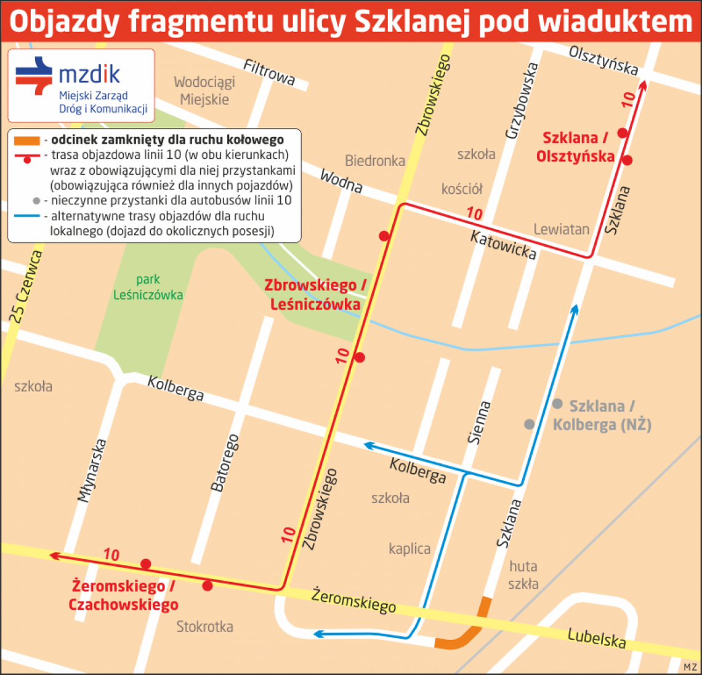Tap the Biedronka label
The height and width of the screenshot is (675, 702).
tap(375, 161)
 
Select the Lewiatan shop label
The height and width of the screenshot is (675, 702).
tap(561, 230)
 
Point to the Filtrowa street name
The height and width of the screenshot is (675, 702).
tap(270, 73)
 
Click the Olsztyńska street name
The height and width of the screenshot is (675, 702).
tap(603, 60)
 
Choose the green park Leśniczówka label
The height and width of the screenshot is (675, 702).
tap(148, 287)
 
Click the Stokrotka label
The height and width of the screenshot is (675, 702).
tap(204, 627)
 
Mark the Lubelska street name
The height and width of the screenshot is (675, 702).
tap(596, 638)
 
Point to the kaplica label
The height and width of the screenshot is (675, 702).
tap(409, 548)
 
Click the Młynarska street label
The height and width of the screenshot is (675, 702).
tap(93, 470)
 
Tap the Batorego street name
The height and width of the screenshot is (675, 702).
tap(225, 463)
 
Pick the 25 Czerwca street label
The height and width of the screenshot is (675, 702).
tap(26, 287)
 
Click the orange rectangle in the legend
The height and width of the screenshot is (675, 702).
tap(27, 140)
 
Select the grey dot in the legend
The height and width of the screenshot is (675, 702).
tap(37, 201)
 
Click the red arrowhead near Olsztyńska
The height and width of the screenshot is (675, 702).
tap(643, 86)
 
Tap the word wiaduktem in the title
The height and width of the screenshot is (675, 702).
tap(615, 22)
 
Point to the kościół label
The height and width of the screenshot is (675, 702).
tap(462, 189)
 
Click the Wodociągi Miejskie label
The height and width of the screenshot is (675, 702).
tap(204, 91)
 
